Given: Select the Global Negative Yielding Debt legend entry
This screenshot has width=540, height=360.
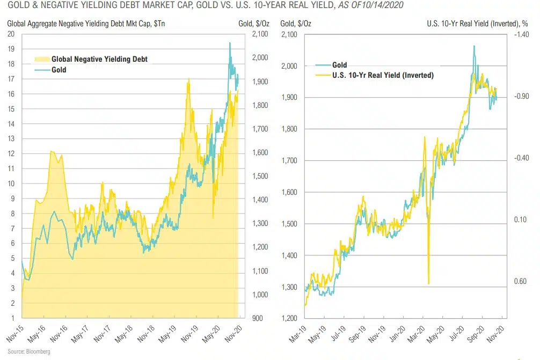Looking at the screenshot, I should pos(99,59).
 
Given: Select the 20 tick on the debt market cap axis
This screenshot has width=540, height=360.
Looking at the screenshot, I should pos(11,34).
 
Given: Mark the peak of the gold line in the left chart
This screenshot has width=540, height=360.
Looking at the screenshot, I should pos(230,43).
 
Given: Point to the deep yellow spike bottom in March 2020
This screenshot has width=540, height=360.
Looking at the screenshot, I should pos(428,284).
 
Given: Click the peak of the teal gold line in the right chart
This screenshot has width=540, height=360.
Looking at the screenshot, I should pos(474,46).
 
